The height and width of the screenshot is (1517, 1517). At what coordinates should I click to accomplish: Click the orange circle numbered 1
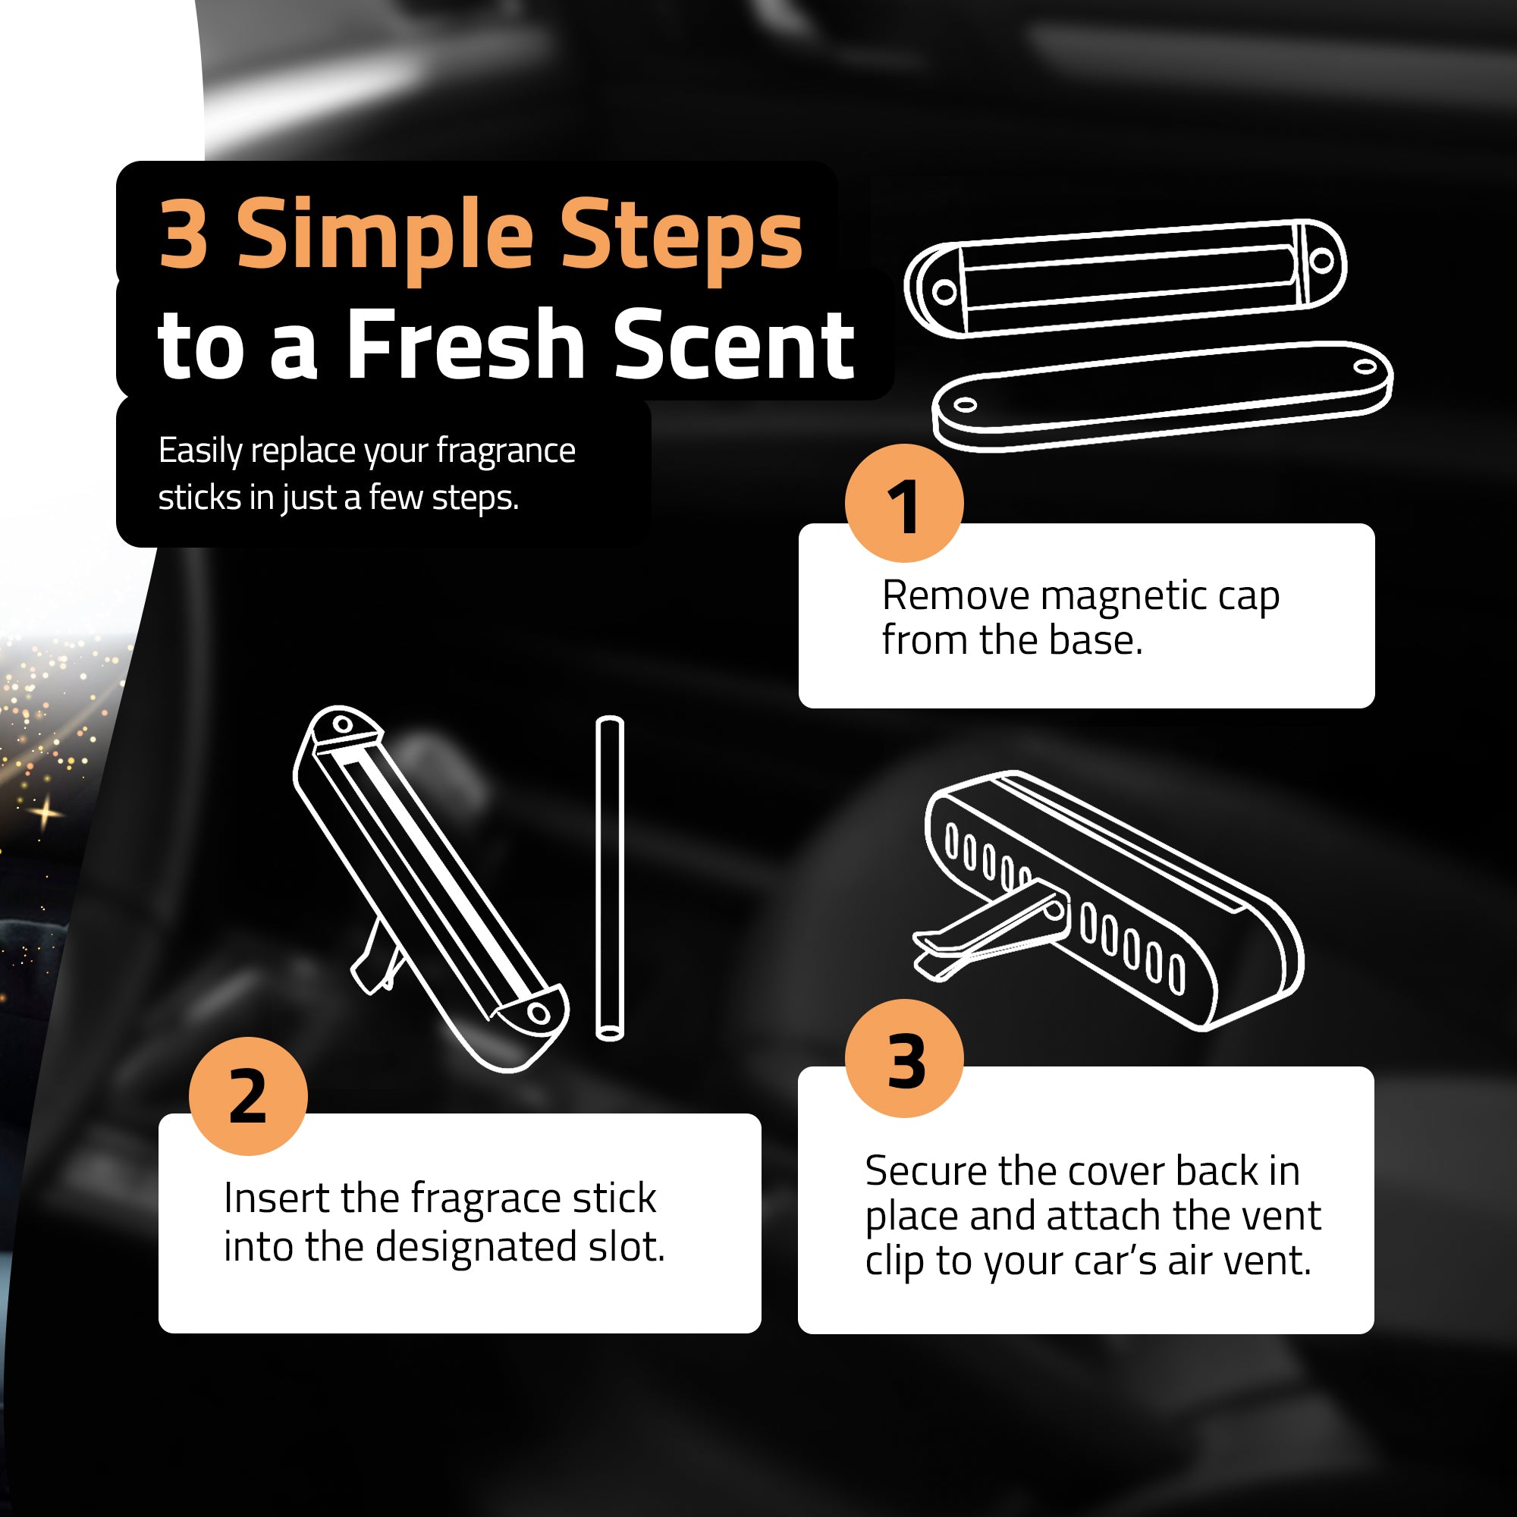tap(904, 504)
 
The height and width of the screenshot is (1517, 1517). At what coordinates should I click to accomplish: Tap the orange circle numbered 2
tap(248, 1095)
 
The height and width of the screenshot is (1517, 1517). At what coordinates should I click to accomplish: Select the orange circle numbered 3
tap(905, 1058)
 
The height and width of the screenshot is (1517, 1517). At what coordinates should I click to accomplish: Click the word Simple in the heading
tap(385, 237)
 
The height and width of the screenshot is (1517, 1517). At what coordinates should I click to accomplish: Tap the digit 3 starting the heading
tap(184, 233)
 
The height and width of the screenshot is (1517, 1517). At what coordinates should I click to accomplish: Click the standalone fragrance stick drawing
tap(609, 878)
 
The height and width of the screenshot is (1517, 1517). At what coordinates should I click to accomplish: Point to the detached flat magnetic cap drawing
tap(1163, 396)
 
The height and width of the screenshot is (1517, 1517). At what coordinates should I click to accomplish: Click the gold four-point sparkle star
tap(46, 812)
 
